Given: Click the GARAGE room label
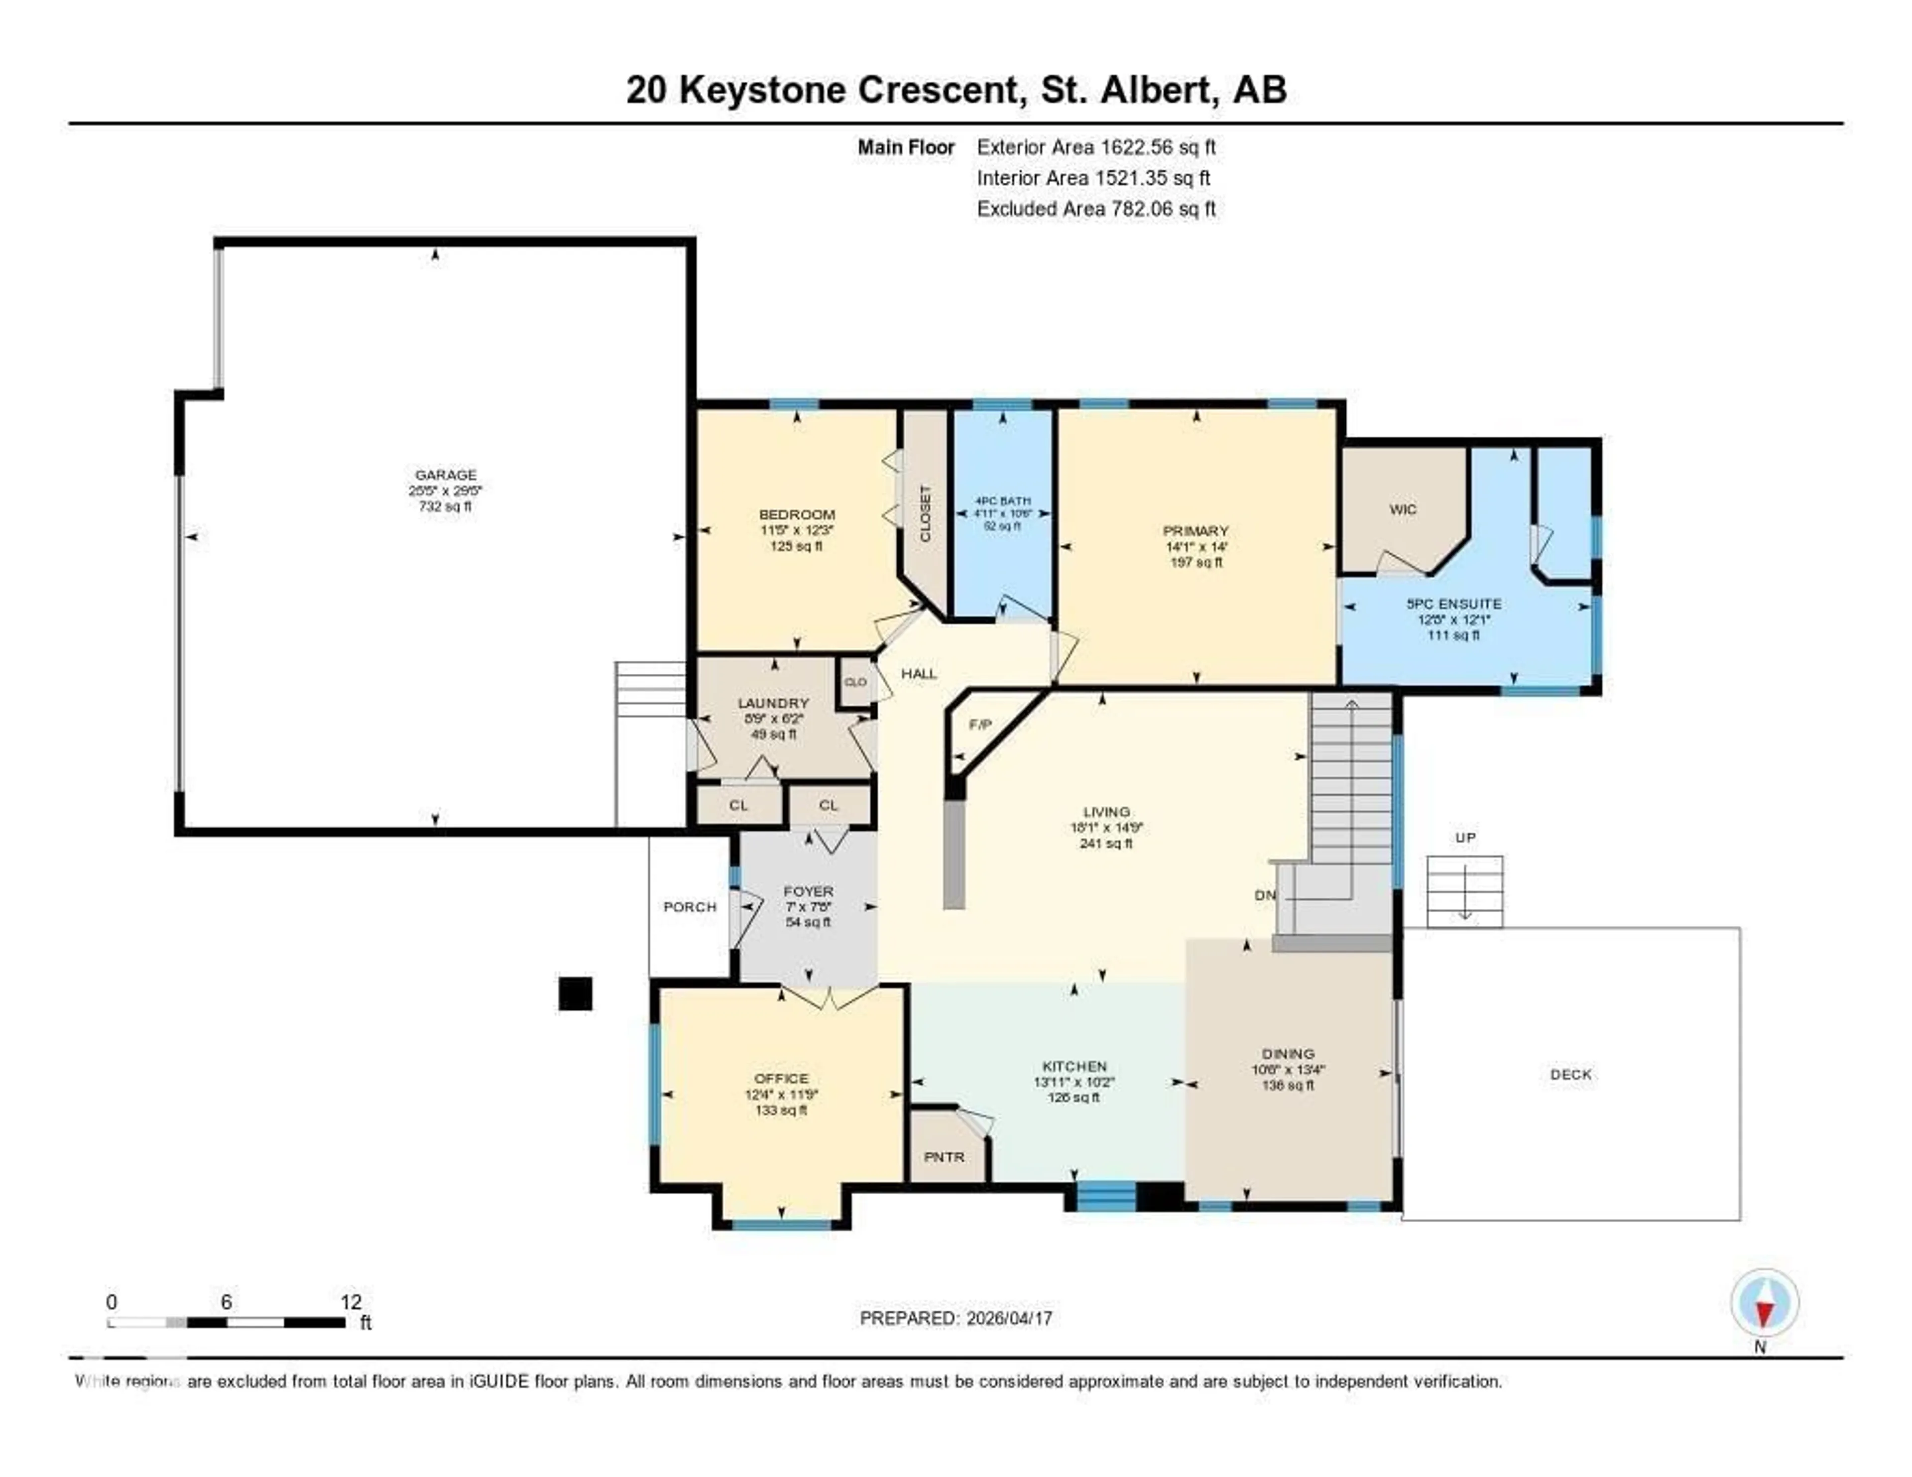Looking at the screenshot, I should point(446,475).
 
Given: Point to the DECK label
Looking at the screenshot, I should point(1570,1074).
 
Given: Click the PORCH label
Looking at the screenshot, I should point(690,907).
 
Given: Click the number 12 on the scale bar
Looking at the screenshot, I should point(350,1302).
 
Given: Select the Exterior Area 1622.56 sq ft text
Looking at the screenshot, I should point(1096,147).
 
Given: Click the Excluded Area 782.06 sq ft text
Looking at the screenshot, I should point(1096,208).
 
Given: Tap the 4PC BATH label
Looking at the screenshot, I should point(1002,501).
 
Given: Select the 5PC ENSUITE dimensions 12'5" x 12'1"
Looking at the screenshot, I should point(1453,619).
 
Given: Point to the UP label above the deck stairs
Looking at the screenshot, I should point(1465,838).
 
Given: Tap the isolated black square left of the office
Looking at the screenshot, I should point(575,994).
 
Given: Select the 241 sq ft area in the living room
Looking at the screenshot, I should point(1106,843).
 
